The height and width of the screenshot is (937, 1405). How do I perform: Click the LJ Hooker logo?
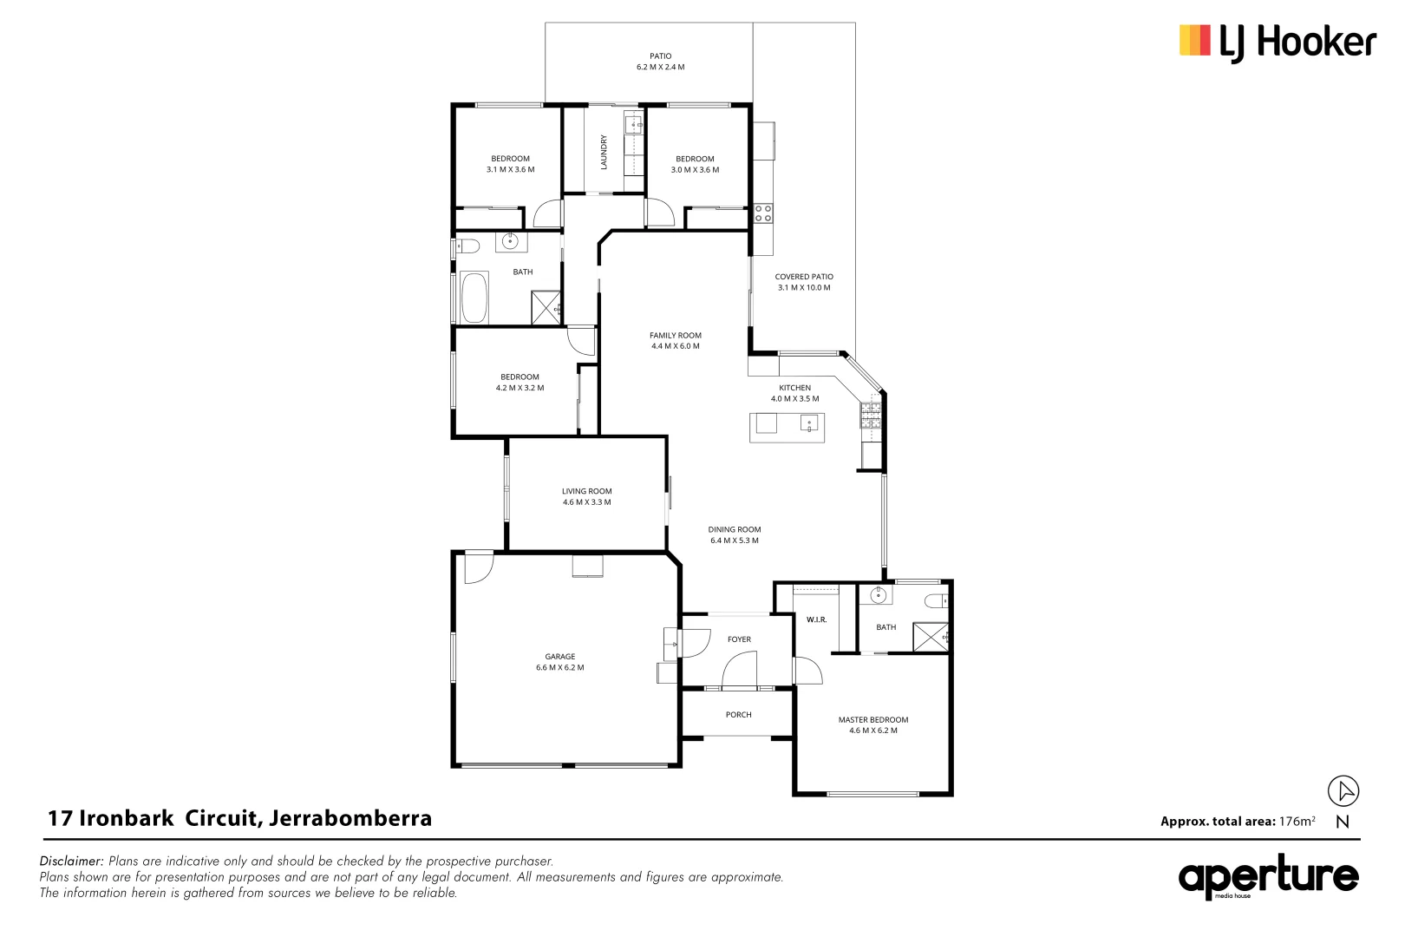click(1277, 42)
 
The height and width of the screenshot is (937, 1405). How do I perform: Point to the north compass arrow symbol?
click(1343, 790)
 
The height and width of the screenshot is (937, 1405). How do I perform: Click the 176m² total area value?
click(1297, 822)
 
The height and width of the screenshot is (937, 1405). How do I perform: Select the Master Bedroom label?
click(872, 720)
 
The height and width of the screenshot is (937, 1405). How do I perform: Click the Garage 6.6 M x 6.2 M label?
click(560, 663)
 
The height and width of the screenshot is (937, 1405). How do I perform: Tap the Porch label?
click(738, 715)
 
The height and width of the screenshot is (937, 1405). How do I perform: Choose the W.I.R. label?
click(816, 619)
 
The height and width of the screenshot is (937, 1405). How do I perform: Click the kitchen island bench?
click(787, 427)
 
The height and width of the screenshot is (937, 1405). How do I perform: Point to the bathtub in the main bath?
click(474, 298)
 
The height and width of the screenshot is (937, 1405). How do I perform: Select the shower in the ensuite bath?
click(931, 637)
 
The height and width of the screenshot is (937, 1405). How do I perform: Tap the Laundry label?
click(604, 152)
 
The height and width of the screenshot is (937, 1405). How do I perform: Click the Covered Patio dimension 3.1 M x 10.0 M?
click(804, 288)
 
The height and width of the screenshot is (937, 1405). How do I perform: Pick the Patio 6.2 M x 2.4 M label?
click(660, 62)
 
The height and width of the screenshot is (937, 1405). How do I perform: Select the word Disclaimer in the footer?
click(71, 862)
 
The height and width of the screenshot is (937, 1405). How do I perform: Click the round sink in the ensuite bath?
click(879, 595)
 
